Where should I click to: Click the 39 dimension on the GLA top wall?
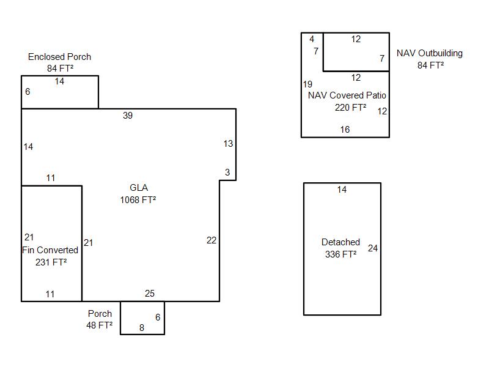pyautogui.click(x=128, y=116)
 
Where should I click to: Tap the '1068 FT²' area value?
pyautogui.click(x=138, y=199)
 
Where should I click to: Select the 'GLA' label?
pyautogui.click(x=139, y=188)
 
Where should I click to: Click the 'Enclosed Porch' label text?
pyautogui.click(x=59, y=57)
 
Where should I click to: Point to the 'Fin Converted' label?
pyautogui.click(x=50, y=250)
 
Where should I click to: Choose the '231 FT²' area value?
pyautogui.click(x=51, y=262)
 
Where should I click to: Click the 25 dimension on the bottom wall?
pyautogui.click(x=150, y=294)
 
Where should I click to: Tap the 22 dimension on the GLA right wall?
pyautogui.click(x=211, y=240)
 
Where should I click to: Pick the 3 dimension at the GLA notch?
pyautogui.click(x=227, y=172)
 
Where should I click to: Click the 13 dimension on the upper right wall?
pyautogui.click(x=228, y=144)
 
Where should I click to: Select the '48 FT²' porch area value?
pyautogui.click(x=99, y=325)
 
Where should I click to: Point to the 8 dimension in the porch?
pyautogui.click(x=142, y=328)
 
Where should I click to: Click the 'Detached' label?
pyautogui.click(x=340, y=242)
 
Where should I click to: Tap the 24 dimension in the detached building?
pyautogui.click(x=373, y=248)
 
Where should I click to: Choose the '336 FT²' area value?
pyautogui.click(x=341, y=254)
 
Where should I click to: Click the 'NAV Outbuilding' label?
pyautogui.click(x=430, y=53)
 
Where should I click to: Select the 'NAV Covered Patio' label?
pyautogui.click(x=347, y=95)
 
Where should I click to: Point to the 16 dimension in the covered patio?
pyautogui.click(x=345, y=129)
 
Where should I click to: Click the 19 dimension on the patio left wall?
pyautogui.click(x=307, y=84)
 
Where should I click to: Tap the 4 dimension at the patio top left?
pyautogui.click(x=312, y=39)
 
